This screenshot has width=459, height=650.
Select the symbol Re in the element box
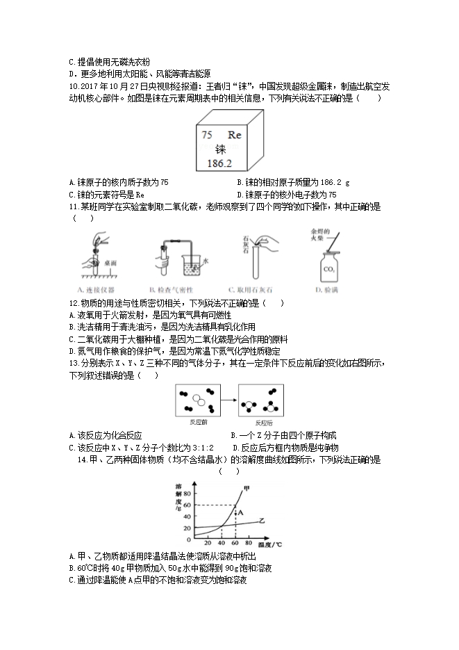pyautogui.click(x=234, y=136)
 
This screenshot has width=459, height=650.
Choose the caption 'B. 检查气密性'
pyautogui.click(x=169, y=289)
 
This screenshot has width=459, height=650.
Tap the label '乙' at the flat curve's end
pyautogui.click(x=262, y=520)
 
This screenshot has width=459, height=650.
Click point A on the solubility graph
pyautogui.click(x=241, y=512)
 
